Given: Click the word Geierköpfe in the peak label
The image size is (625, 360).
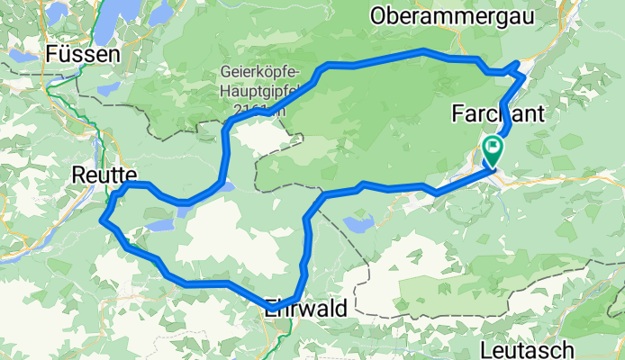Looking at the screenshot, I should point(260,73).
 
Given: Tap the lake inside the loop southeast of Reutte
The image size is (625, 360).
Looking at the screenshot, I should point(160,225).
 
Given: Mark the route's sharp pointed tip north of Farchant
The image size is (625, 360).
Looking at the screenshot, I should point(517,63).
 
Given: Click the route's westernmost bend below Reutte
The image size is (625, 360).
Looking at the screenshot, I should point(105,217).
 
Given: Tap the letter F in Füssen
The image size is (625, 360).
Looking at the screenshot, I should point(52,55).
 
